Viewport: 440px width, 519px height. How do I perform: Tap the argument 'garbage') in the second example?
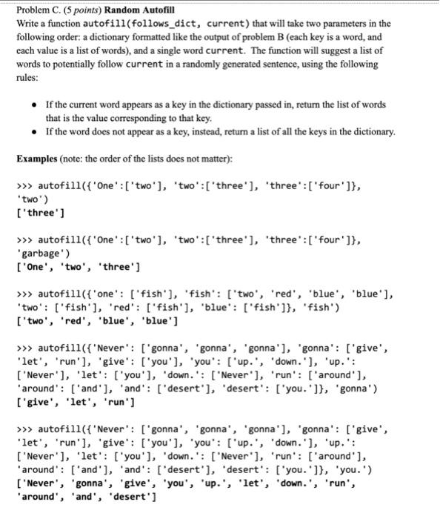tap(44, 254)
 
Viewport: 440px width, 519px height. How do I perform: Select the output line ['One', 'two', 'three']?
tap(78, 267)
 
